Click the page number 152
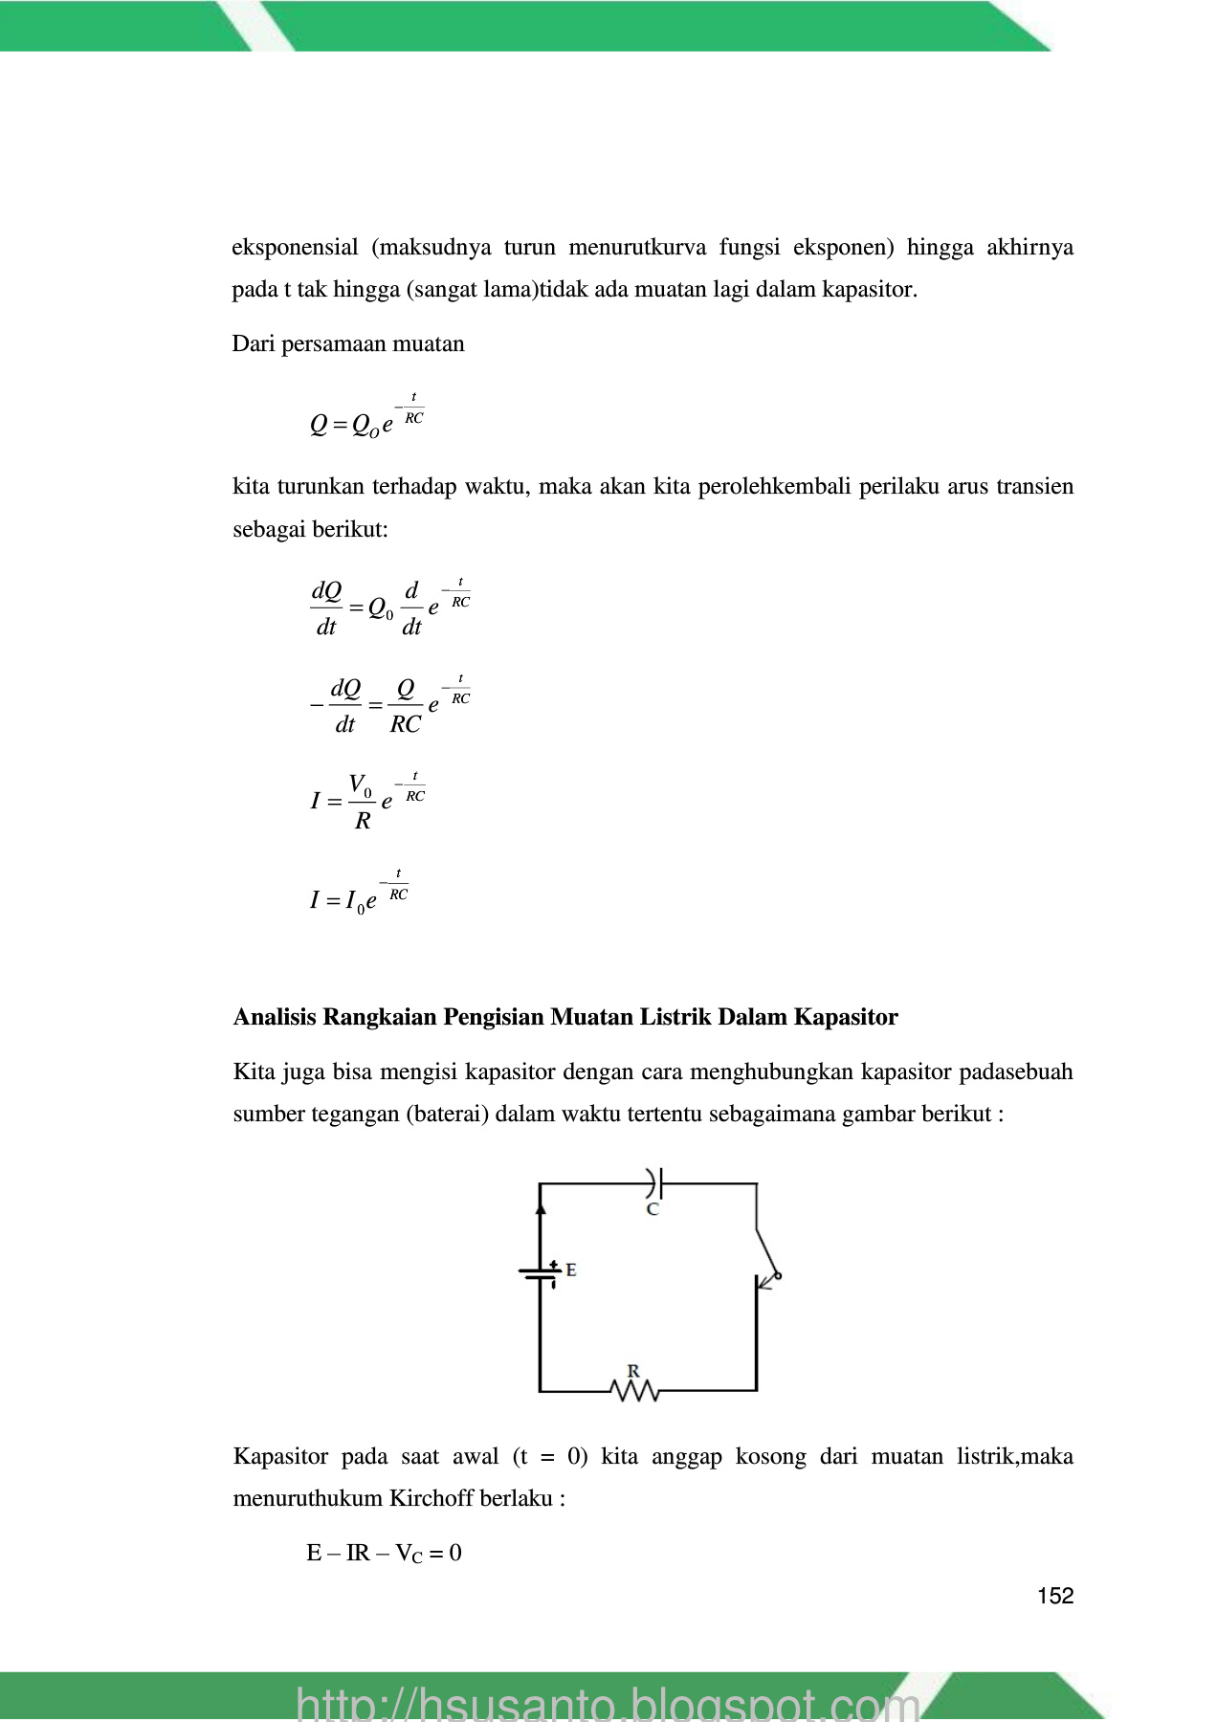[1055, 1596]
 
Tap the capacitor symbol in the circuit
[653, 1183]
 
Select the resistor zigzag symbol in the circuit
[634, 1390]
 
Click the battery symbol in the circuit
[541, 1271]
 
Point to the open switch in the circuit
[767, 1253]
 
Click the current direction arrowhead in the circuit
[541, 1207]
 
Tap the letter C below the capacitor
[653, 1209]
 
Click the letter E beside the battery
[571, 1269]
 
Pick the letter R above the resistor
[633, 1371]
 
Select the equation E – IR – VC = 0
[384, 1553]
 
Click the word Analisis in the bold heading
[274, 1017]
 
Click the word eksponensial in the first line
[295, 248]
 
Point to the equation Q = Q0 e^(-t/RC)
[367, 419]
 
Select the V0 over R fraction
[362, 802]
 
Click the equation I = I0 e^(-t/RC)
[359, 896]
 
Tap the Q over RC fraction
[406, 707]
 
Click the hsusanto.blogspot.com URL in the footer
[608, 1703]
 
